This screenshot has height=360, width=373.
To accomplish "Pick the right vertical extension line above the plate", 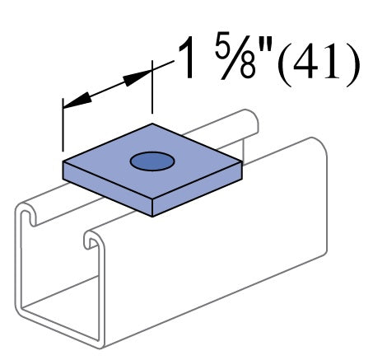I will click(152, 91).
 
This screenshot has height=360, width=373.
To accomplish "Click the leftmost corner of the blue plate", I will click(63, 161).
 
